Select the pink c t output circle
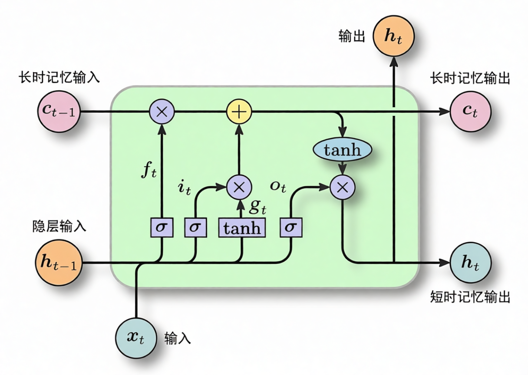click(471, 112)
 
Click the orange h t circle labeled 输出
click(393, 36)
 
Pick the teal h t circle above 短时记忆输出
click(471, 263)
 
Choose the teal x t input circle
click(135, 338)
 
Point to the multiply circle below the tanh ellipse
click(343, 187)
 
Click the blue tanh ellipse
click(343, 150)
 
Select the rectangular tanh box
click(241, 228)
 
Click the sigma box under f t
click(162, 228)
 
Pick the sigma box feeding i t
click(196, 228)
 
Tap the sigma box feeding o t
click(291, 228)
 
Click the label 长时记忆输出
click(470, 79)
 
